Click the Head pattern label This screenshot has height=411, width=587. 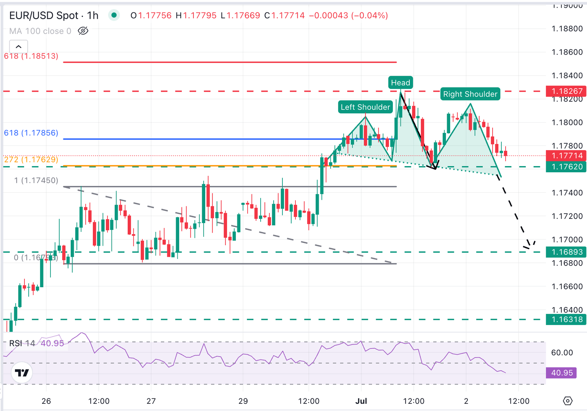click(x=401, y=83)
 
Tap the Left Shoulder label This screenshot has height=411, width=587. click(x=365, y=107)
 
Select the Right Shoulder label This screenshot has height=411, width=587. click(x=470, y=94)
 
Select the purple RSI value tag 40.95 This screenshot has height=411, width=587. click(x=561, y=372)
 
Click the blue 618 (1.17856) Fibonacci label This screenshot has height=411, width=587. click(x=31, y=133)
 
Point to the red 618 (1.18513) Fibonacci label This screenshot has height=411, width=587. click(x=31, y=56)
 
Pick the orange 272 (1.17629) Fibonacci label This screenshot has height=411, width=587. click(x=31, y=159)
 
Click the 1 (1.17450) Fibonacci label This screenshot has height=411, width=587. click(x=36, y=180)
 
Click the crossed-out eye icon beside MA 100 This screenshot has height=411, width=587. click(x=83, y=31)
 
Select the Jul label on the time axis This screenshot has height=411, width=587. click(x=361, y=401)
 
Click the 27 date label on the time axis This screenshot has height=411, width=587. click(x=151, y=401)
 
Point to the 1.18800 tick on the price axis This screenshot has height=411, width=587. click(x=567, y=29)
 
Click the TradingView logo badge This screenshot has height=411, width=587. click(x=21, y=372)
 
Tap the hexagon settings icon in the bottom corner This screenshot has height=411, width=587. click(x=568, y=401)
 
